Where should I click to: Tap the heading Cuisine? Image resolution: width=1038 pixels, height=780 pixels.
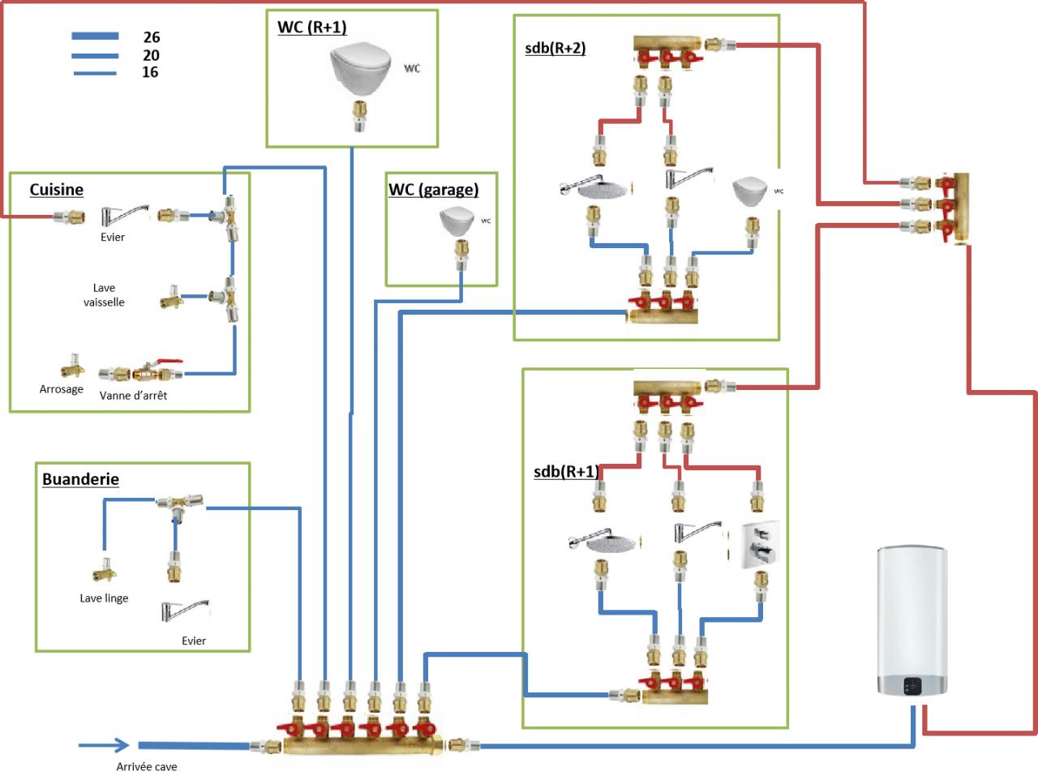coord(57,190)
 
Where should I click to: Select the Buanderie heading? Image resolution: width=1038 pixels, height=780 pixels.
coord(80,479)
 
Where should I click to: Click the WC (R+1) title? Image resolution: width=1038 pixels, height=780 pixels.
coord(312,27)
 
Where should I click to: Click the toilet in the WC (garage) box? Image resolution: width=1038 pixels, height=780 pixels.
coord(456,221)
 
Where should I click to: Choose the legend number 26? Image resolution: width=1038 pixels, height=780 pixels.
coord(152,37)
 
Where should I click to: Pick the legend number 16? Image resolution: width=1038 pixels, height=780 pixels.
coord(150,72)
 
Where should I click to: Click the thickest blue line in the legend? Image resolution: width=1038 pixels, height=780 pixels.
coord(96,36)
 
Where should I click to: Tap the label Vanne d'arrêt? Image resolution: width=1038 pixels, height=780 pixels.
coord(133,396)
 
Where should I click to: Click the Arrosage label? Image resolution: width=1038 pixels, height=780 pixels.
coord(62,389)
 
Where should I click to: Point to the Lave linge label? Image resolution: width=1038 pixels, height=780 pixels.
coord(104,598)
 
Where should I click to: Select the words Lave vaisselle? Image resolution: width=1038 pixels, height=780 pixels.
coord(104,295)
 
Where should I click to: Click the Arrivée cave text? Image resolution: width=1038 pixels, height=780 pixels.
coord(147,767)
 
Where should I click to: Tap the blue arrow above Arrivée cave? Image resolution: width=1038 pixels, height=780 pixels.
coord(104,745)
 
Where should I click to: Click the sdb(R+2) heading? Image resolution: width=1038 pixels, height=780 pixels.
coord(555,48)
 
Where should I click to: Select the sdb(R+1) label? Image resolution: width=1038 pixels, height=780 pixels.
coord(566,472)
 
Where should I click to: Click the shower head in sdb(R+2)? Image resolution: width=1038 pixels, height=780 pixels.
coord(594,189)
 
